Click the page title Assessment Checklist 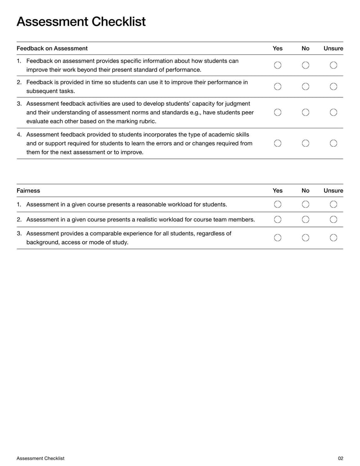coord(81,22)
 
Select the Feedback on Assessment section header coord(52,48)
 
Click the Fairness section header coord(28,190)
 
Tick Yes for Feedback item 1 coord(278,65)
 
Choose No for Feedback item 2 coord(306,86)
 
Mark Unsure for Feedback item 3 coord(333,113)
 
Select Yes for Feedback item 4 coord(278,143)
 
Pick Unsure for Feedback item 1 coord(333,65)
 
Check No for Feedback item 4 coord(306,143)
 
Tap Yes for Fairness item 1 coord(278,204)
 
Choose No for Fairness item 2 coord(306,219)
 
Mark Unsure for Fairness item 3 coord(333,238)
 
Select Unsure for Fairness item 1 coord(333,204)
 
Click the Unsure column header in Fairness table coord(333,190)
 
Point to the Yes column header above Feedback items coord(278,48)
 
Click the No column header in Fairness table coord(306,190)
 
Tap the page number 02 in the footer coord(340,458)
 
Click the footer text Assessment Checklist coord(40,458)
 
